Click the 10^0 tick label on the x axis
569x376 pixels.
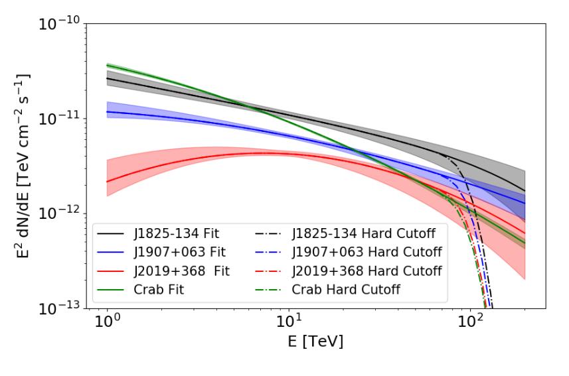[x=107, y=325]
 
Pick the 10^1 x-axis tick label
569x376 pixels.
[x=289, y=325]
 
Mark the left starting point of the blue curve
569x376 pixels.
[x=108, y=111]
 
